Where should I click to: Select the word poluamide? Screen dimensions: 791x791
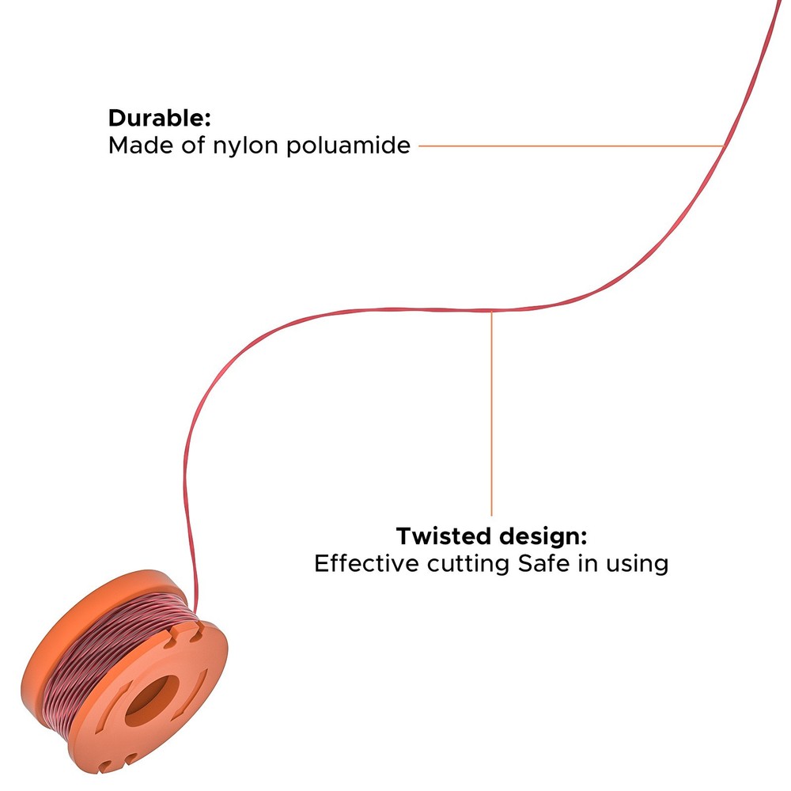point(348,146)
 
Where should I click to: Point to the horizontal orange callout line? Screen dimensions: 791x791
point(572,146)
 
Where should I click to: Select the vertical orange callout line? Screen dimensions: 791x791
point(491,413)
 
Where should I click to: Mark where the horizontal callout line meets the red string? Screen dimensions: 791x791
point(724,146)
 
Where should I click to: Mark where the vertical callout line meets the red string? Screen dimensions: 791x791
point(491,310)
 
